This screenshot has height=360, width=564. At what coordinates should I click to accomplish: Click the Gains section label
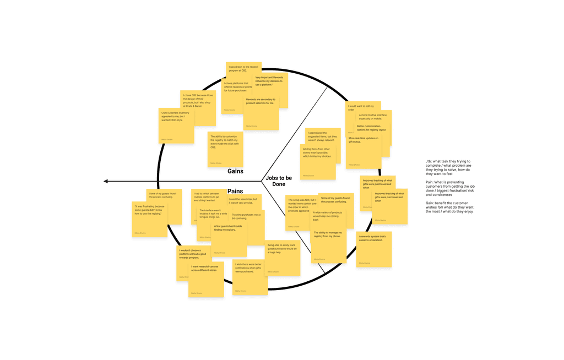(x=235, y=171)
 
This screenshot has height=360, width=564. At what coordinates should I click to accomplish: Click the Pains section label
(x=235, y=191)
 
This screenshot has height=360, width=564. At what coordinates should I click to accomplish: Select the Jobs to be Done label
(x=279, y=181)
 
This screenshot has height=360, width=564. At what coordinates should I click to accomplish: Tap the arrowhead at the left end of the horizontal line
(x=106, y=181)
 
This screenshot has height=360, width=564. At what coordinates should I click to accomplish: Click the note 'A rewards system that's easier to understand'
(x=374, y=249)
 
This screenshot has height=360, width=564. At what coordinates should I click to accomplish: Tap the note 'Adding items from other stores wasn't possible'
(x=318, y=162)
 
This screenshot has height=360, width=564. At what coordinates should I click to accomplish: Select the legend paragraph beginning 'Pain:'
(x=449, y=188)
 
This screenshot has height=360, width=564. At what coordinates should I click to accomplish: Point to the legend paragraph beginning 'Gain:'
(x=449, y=207)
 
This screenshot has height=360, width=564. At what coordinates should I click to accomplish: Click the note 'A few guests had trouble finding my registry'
(x=229, y=240)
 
